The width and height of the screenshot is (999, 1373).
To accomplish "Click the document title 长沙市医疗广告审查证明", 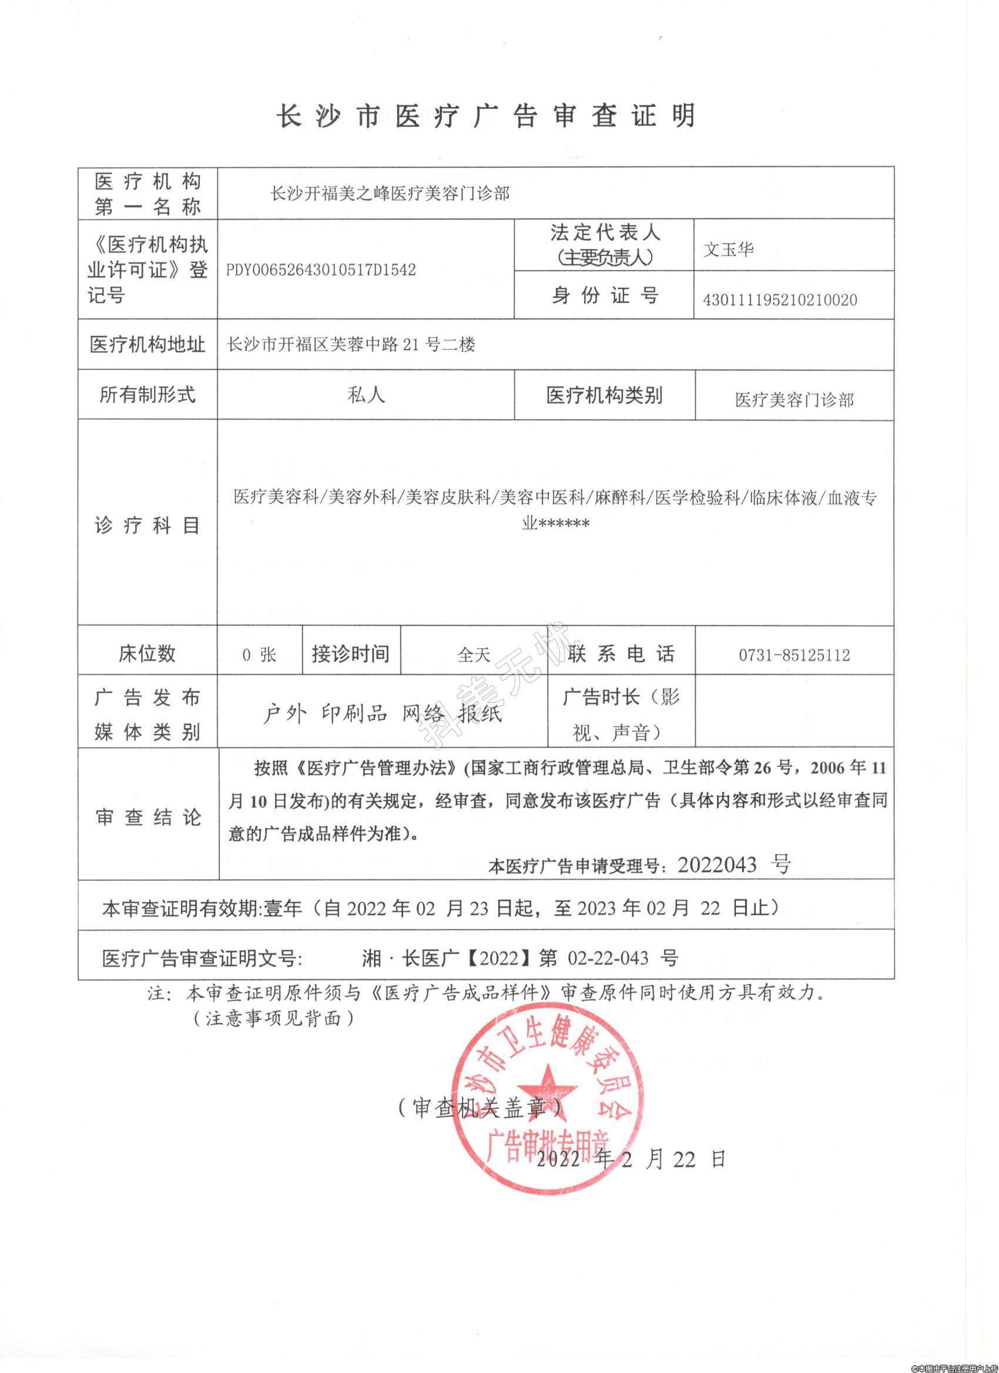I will tap(486, 116).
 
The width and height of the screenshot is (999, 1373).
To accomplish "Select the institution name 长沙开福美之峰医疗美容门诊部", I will tap(390, 194).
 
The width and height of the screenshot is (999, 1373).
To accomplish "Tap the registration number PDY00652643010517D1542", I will tap(320, 270).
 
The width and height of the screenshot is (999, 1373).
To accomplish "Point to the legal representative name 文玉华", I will tap(728, 250).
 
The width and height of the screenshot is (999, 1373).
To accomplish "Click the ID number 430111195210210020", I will tap(780, 299).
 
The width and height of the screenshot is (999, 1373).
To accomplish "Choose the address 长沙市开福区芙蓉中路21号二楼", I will tap(351, 345).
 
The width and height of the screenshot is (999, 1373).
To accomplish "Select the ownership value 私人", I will tap(366, 395).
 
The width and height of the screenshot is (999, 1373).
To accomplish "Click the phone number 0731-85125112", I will tap(794, 655).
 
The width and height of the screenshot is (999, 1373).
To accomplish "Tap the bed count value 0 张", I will tap(259, 655).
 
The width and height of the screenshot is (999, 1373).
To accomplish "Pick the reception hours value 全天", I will tap(474, 655).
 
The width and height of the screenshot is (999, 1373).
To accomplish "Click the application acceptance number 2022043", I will tap(717, 865).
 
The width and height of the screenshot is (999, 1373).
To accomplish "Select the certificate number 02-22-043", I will tap(608, 958).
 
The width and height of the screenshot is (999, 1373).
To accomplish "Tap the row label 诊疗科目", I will tap(147, 525).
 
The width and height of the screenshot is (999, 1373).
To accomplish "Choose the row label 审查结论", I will tap(148, 817).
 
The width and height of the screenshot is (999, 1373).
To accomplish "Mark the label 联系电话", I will tap(621, 654).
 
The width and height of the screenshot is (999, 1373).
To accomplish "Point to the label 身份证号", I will tap(604, 295).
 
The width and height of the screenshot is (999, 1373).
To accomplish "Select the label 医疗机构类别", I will tap(604, 396).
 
